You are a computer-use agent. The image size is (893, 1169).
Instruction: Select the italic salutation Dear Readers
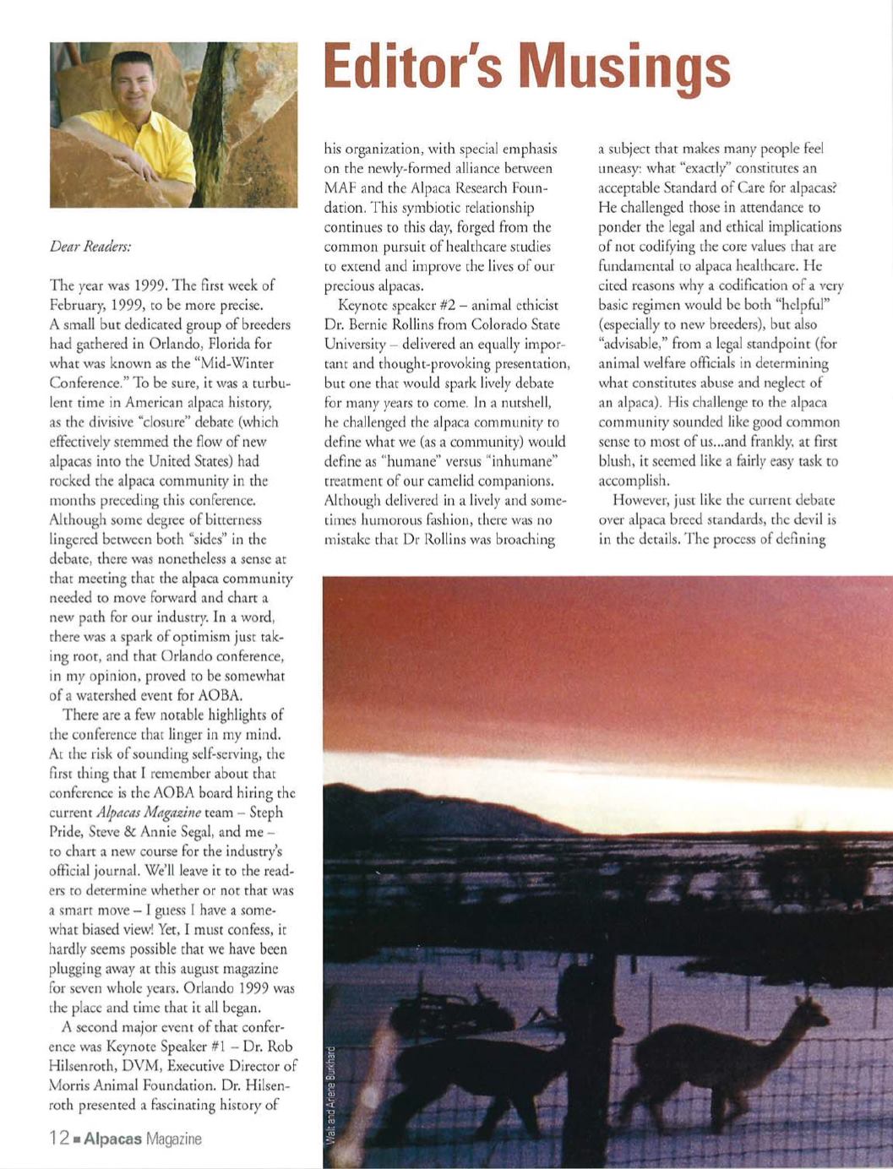pyautogui.click(x=90, y=247)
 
